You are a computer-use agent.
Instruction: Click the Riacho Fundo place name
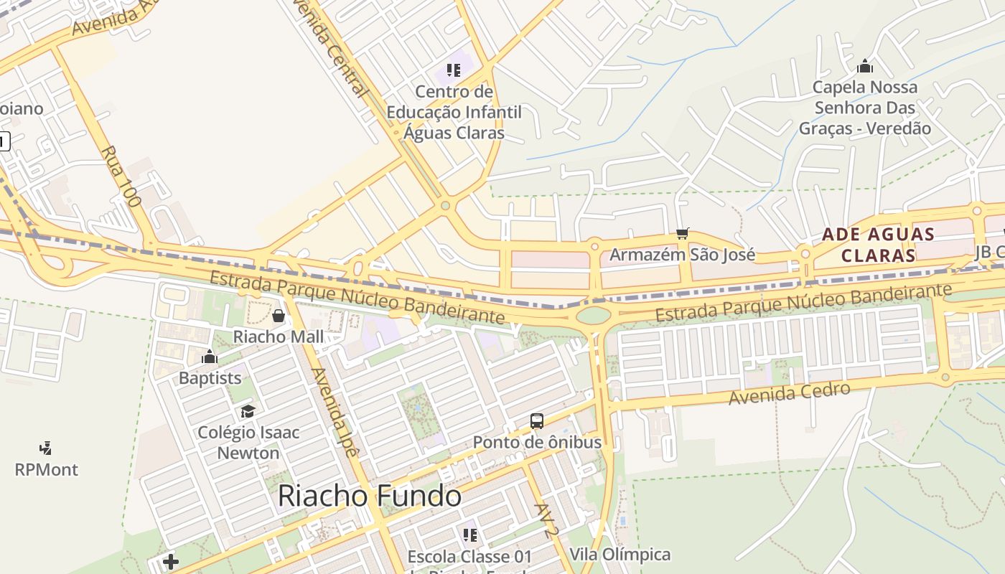click(369, 497)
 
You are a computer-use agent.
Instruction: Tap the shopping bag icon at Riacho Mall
click(279, 316)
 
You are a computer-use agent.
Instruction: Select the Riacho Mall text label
click(279, 337)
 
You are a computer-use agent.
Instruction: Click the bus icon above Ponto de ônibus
click(537, 421)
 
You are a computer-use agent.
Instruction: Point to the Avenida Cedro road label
click(790, 393)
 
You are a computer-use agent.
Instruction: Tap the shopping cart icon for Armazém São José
click(682, 234)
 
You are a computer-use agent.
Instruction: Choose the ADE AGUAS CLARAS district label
click(878, 245)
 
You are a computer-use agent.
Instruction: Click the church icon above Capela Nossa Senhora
click(865, 67)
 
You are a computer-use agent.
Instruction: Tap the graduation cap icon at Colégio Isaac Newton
click(248, 411)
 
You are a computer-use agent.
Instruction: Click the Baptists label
click(210, 377)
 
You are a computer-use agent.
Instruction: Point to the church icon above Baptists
click(210, 357)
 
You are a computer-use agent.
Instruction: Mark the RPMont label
click(46, 469)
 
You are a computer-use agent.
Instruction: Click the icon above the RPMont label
click(46, 448)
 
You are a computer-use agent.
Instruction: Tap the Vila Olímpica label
click(620, 554)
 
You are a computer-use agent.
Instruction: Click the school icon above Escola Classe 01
click(470, 535)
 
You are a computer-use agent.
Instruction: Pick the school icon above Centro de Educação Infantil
click(453, 70)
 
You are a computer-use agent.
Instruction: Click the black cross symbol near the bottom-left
click(171, 561)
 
